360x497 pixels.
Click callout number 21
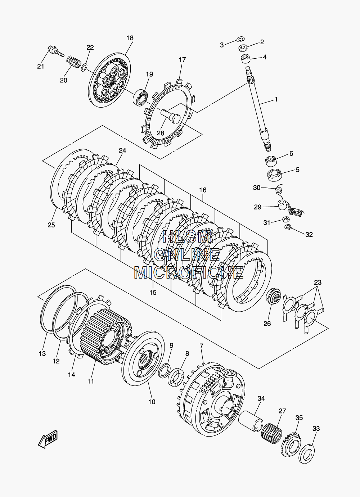(x=41, y=66)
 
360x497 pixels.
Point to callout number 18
(x=130, y=38)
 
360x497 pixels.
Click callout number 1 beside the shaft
(x=276, y=100)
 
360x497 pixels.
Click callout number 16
(x=203, y=190)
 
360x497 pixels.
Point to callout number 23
(x=317, y=282)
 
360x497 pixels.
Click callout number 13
(x=42, y=353)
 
